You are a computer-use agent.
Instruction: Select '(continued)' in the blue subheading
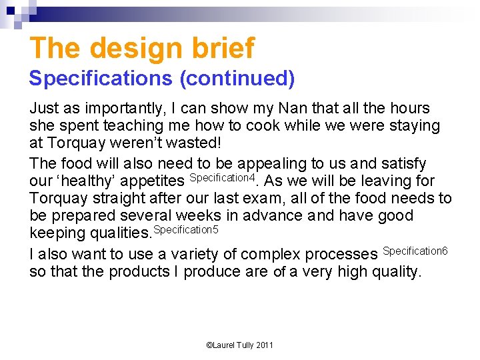point(237,79)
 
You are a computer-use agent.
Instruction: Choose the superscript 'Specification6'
point(415,251)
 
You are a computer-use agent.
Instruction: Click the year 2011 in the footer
point(263,345)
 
